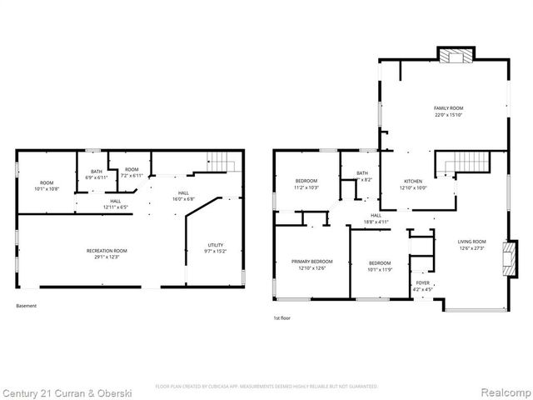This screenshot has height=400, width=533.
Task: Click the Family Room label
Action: tap(447, 108)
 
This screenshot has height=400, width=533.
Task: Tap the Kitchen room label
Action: tap(413, 181)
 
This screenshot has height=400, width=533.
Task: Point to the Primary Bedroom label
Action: tap(307, 261)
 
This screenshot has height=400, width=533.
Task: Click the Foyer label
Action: tap(423, 283)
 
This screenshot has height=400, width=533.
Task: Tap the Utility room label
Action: tap(215, 244)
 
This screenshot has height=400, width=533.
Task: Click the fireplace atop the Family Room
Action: tap(456, 57)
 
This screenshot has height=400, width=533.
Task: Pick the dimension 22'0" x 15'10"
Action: tap(447, 116)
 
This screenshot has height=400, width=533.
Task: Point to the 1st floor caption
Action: tap(283, 317)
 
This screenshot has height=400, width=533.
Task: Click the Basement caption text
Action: tap(27, 306)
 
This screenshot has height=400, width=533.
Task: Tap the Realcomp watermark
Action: tap(500, 391)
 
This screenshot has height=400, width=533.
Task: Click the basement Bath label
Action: tap(97, 172)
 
